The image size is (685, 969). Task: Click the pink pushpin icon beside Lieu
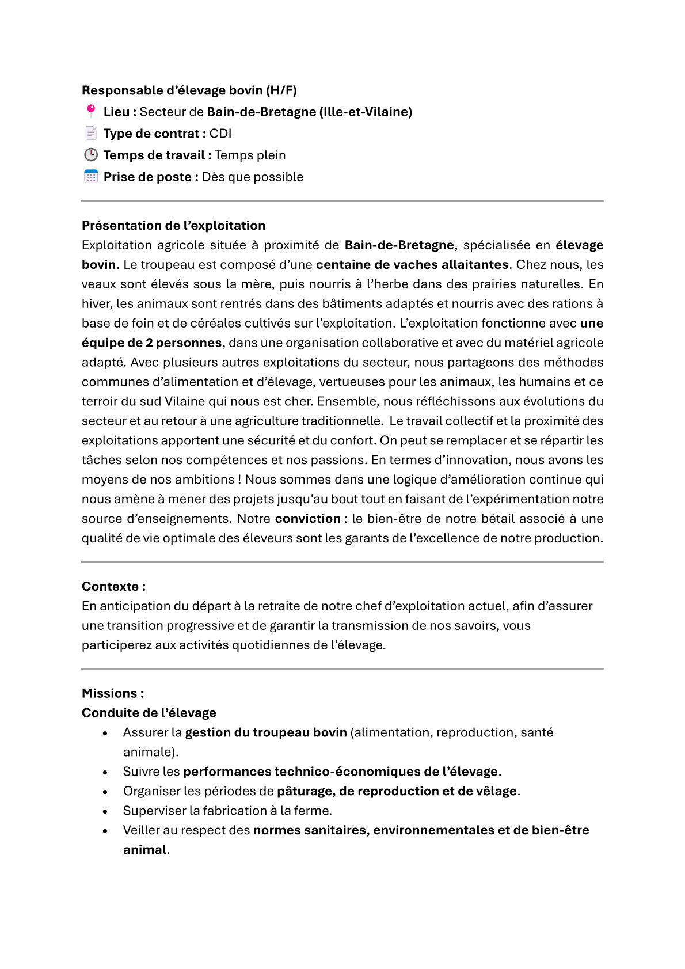90,111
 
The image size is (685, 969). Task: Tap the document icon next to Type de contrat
90,133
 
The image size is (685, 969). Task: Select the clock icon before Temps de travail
90,155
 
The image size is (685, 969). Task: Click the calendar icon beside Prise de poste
90,177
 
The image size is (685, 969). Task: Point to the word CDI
220,134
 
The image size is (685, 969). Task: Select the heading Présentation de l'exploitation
173,226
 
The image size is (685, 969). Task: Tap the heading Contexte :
113,587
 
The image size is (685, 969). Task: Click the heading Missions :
113,693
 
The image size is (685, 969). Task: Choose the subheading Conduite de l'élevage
149,713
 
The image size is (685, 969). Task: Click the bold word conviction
307,519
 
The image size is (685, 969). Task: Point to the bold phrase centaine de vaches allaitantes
412,265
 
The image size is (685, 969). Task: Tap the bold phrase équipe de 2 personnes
151,343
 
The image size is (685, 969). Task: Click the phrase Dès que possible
252,177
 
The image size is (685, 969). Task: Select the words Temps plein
250,155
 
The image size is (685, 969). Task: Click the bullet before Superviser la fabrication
105,811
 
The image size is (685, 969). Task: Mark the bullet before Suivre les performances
105,772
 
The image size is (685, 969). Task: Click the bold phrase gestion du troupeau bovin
266,732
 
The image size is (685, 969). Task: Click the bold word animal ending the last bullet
144,850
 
